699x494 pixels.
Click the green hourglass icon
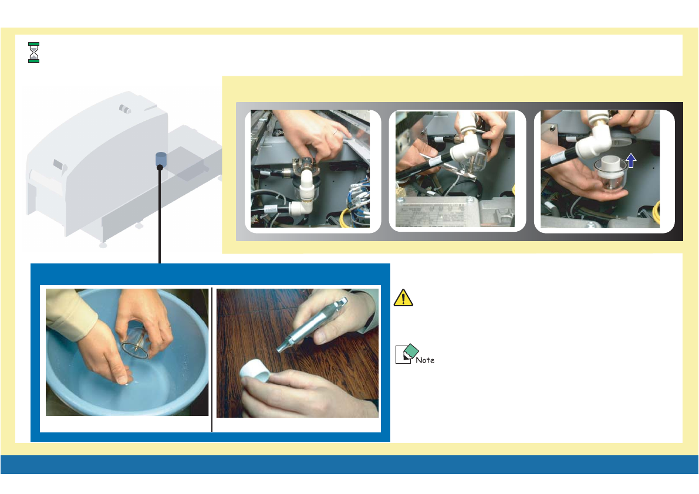click(33, 53)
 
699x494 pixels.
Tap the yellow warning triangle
click(403, 298)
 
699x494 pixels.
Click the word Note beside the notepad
click(425, 360)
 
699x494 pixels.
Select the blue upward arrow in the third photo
click(630, 160)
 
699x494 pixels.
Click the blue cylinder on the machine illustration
click(160, 159)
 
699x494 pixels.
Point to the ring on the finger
click(335, 132)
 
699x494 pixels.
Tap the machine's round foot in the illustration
click(103, 245)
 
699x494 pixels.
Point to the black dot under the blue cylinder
click(160, 167)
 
